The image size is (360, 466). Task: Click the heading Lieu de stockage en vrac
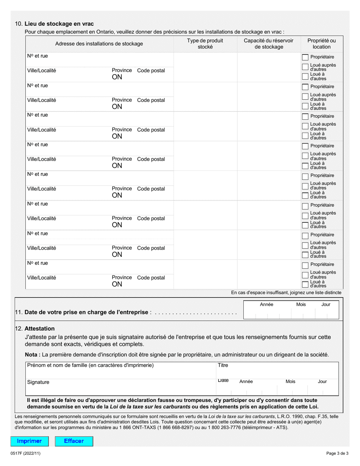coord(59,24)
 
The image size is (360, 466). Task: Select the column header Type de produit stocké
coord(205,44)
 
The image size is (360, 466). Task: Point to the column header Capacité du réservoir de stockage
coord(269,44)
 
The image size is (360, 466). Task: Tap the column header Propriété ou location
coord(321,44)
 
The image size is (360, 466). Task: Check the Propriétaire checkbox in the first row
coord(305,57)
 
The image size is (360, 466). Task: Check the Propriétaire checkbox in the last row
coord(305,265)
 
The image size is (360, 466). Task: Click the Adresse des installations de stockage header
coord(99,44)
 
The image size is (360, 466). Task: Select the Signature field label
coord(38,382)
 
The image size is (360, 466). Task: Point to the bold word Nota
coord(32,355)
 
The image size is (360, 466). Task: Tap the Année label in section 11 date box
coord(266,305)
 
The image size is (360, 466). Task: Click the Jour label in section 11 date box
coord(326,305)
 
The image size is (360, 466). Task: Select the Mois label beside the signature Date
coord(290,382)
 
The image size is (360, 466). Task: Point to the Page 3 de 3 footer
coord(337,453)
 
